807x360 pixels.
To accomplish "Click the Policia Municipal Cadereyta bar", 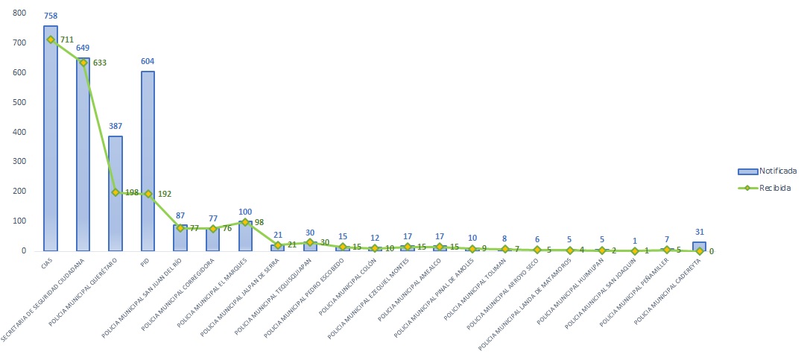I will click(699, 246).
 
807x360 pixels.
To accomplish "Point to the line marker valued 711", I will click(51, 40).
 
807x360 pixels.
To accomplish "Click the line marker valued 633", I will click(83, 63).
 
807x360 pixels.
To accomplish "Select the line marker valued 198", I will click(115, 192).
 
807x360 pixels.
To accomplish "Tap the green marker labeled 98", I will click(245, 222).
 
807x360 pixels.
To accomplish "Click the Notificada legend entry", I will click(759, 171).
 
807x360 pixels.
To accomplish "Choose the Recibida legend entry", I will click(759, 189).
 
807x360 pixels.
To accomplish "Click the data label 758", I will click(51, 15).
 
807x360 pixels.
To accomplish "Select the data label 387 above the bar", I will click(115, 126).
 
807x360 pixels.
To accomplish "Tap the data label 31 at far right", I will click(699, 232).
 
